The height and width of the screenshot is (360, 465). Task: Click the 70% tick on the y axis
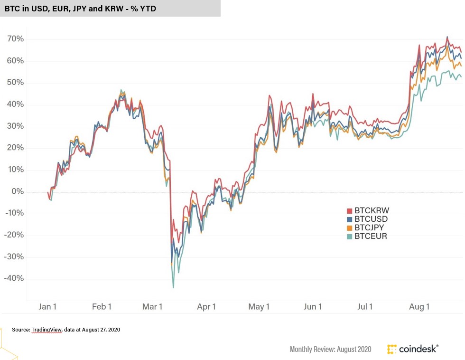pyautogui.click(x=14, y=39)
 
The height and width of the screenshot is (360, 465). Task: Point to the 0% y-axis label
pyautogui.click(x=17, y=192)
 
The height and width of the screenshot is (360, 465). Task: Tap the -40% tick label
pyautogui.click(x=13, y=279)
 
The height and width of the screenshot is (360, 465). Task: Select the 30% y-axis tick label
pyautogui.click(x=14, y=126)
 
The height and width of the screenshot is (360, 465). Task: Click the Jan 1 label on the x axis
pyautogui.click(x=47, y=307)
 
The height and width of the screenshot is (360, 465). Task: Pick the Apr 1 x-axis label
pyautogui.click(x=206, y=307)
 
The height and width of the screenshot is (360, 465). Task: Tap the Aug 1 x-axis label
pyautogui.click(x=419, y=307)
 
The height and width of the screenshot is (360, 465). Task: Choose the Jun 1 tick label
pyautogui.click(x=313, y=307)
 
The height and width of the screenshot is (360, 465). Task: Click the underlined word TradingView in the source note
pyautogui.click(x=46, y=329)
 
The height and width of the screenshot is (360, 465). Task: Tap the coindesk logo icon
pyautogui.click(x=392, y=349)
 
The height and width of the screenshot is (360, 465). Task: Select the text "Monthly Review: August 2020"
pyautogui.click(x=331, y=350)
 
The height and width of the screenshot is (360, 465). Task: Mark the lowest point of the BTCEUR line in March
pyautogui.click(x=173, y=287)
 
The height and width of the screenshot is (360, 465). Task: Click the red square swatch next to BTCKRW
pyautogui.click(x=350, y=211)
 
